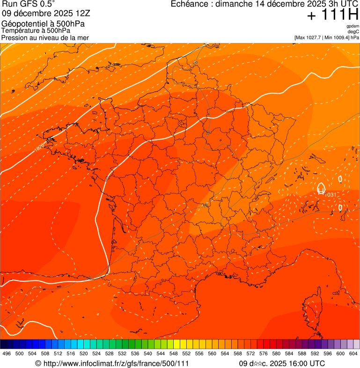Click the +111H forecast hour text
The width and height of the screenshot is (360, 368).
333,15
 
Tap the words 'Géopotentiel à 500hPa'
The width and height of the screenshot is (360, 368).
43,24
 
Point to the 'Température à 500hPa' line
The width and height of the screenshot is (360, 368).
36,31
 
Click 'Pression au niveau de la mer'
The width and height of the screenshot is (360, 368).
45,37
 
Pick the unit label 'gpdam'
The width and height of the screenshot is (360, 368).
353,26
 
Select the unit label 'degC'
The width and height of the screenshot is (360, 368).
353,31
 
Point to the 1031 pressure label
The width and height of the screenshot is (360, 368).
331,195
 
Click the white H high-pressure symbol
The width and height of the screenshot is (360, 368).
321,189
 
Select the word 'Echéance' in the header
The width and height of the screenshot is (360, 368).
189,4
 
